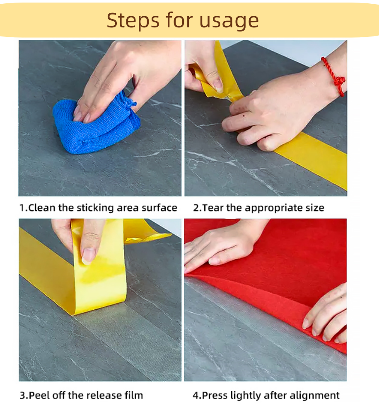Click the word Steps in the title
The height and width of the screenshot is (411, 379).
[133, 20]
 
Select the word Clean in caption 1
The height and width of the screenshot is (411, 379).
[42, 208]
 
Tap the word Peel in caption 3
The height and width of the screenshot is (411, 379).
[39, 395]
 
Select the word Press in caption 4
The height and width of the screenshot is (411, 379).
[215, 395]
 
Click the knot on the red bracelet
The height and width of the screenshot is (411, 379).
[340, 81]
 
